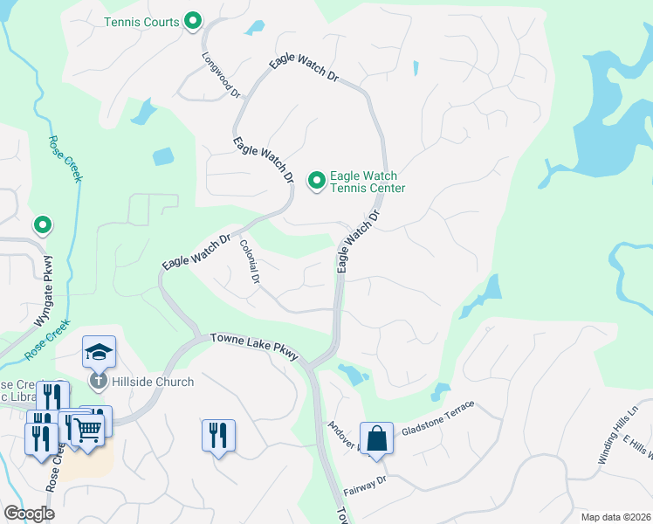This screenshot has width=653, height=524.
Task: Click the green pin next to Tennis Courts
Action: (194, 22)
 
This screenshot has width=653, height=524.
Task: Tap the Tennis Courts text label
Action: (141, 22)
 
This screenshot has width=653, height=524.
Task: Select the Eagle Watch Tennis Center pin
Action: (316, 181)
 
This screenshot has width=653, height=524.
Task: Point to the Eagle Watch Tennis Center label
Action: (367, 182)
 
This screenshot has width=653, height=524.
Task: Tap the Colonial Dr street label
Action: (250, 262)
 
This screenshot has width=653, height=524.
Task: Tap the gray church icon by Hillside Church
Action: (98, 381)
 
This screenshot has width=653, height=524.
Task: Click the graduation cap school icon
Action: (99, 352)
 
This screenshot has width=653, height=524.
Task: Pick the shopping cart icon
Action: (87, 427)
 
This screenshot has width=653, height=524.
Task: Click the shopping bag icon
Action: (376, 438)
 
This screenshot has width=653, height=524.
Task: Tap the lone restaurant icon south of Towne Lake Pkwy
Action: (218, 434)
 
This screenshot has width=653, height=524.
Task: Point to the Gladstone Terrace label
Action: (437, 420)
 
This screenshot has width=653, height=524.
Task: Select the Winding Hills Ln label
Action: (619, 426)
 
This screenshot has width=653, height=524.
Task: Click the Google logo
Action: (29, 514)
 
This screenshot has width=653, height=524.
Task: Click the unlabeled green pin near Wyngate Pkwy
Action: (42, 226)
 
